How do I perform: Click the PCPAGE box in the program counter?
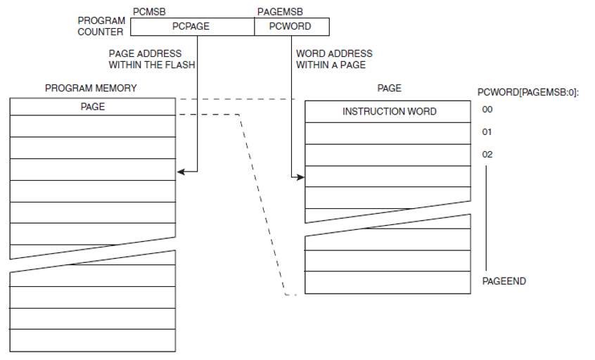[191, 27]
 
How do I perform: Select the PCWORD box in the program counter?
[290, 27]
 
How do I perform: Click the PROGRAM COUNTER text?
[101, 27]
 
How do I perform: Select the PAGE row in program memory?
[92, 107]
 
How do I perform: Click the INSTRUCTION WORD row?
[388, 112]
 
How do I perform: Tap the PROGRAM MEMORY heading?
[91, 88]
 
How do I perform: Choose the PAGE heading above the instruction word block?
[389, 88]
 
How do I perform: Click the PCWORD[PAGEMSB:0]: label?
[527, 92]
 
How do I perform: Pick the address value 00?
[487, 110]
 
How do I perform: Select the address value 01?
[487, 132]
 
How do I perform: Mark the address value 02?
[487, 154]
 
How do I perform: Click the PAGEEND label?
[504, 281]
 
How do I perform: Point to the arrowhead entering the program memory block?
[180, 171]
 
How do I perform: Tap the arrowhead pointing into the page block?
[301, 177]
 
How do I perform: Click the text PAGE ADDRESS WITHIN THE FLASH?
[151, 59]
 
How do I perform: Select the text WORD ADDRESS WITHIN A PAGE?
[334, 59]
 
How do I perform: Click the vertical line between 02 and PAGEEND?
[486, 218]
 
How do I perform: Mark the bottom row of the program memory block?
[92, 340]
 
